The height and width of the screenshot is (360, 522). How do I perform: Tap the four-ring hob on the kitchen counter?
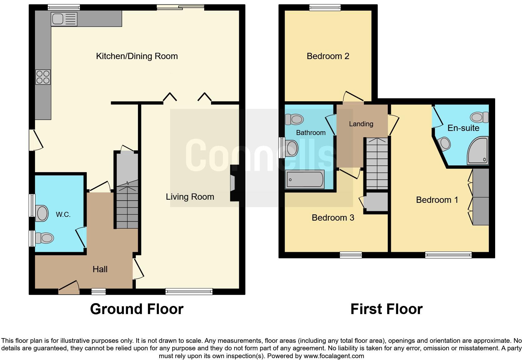coord(43,77)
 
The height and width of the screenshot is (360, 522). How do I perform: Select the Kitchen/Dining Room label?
coord(137,56)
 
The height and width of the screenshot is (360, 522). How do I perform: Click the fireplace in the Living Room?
coord(233,183)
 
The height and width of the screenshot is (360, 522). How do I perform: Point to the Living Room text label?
coord(190,197)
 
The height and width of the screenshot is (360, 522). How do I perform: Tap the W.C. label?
coord(63,214)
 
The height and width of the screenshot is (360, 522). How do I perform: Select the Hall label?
coord(100,269)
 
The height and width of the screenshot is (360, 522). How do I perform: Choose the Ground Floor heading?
coord(137,309)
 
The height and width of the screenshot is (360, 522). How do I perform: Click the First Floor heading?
coord(386,309)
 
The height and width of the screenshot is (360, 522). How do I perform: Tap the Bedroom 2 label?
coord(328,56)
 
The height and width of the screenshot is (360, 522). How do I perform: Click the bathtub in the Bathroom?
coord(305,179)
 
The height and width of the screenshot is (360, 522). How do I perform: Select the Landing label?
coord(361,124)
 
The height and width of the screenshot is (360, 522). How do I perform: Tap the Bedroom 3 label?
coord(333,218)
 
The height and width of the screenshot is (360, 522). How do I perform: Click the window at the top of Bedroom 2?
coord(325,7)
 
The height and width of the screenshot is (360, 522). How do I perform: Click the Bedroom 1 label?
coord(437,200)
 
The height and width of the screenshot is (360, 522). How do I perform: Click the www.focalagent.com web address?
coord(333,356)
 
